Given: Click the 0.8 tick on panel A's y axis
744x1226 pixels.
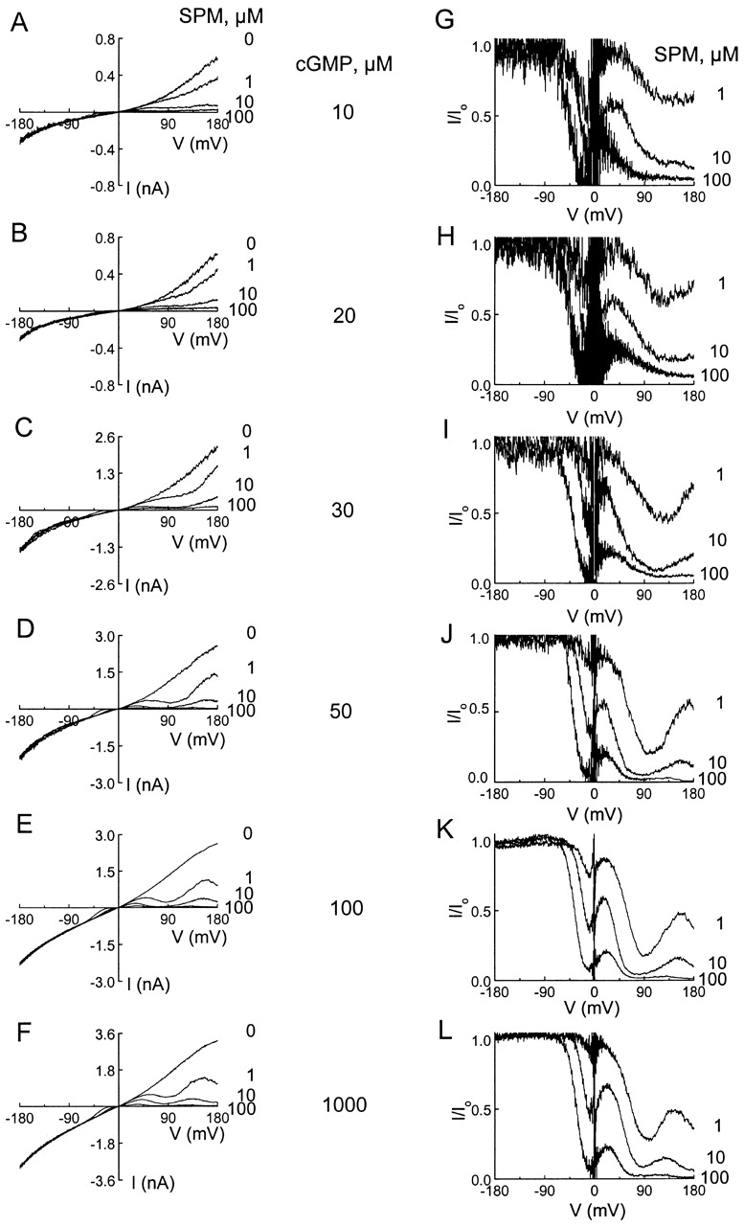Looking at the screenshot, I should point(104,39).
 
